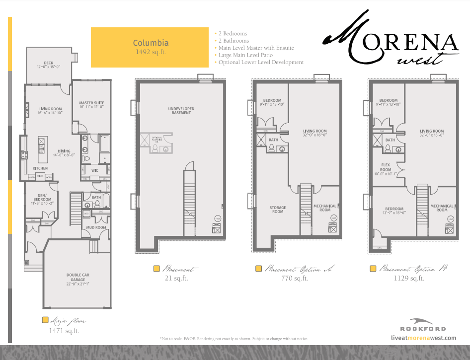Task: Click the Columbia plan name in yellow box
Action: click(x=150, y=43)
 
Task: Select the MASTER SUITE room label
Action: click(x=91, y=104)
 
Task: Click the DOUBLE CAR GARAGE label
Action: click(x=78, y=277)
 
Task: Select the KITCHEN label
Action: click(x=40, y=168)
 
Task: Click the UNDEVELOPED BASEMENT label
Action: click(x=181, y=111)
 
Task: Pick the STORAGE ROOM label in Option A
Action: click(x=277, y=210)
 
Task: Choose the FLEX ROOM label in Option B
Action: click(x=386, y=167)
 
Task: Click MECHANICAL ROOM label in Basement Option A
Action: click(x=325, y=208)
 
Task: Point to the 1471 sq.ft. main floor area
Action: click(x=64, y=330)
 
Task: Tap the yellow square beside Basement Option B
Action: click(x=373, y=269)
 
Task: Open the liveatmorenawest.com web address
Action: click(x=423, y=338)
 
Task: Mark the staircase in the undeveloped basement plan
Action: click(x=189, y=199)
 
